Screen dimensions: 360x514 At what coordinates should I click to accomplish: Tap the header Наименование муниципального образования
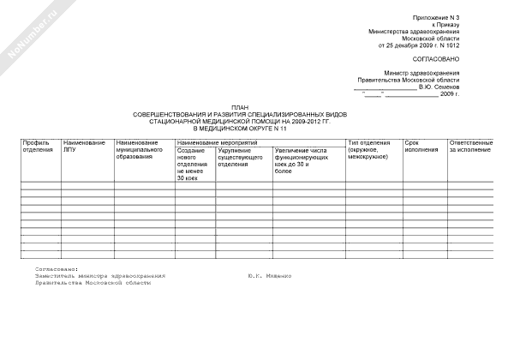(140, 150)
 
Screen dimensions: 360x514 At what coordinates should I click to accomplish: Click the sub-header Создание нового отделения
(191, 163)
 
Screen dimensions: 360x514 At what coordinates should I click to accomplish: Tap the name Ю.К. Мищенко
(269, 276)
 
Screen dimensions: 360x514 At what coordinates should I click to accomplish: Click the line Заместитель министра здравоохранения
(95, 276)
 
